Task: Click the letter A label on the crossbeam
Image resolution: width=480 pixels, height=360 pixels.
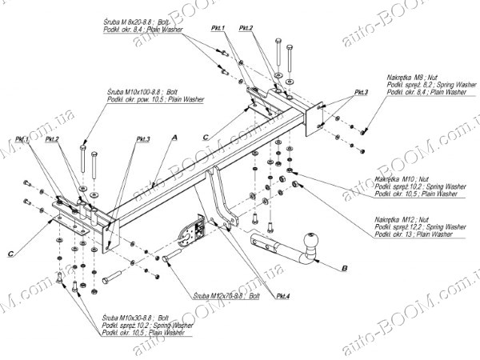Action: coord(173,138)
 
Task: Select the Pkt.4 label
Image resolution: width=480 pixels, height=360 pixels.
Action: coord(285,297)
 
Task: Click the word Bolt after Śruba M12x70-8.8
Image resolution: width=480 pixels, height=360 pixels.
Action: coord(255,296)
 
